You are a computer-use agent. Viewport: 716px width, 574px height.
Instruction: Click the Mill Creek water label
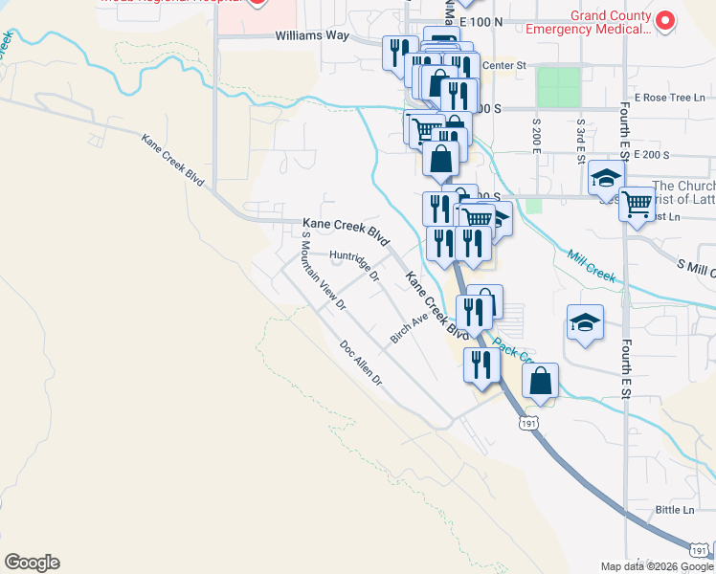590,265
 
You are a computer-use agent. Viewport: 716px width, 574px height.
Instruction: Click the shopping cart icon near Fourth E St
637,203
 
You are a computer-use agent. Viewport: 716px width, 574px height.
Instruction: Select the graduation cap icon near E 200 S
606,178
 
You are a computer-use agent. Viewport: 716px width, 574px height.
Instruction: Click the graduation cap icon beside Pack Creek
585,323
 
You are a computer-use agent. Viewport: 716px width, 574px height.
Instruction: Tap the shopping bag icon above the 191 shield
541,381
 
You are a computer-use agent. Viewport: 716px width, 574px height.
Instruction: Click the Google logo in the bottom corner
32,563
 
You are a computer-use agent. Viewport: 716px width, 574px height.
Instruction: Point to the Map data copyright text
658,566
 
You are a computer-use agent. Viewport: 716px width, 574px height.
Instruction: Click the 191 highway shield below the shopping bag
528,421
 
